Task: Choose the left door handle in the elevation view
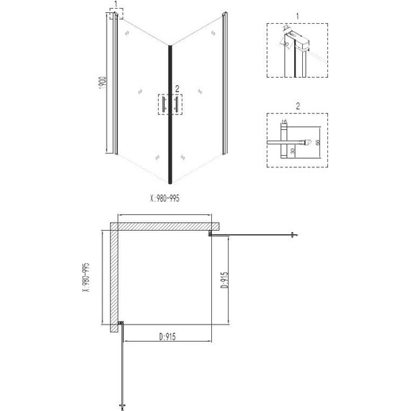click(164, 105)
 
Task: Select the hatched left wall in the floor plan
click(114, 281)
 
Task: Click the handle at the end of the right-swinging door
click(293, 234)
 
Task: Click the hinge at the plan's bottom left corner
click(121, 325)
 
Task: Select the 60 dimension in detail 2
click(318, 142)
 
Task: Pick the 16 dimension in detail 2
click(286, 122)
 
